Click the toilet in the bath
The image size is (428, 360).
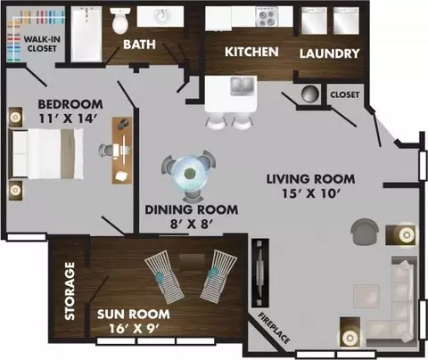pos(120,20)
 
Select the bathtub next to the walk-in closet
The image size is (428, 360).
pos(86,34)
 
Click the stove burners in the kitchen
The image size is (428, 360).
pos(267,17)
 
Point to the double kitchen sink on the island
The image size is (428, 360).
pos(243,86)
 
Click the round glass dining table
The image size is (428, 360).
pos(188,175)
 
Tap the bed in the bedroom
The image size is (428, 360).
pos(46,153)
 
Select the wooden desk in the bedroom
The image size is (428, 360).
pos(122,151)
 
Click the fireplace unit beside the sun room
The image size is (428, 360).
pos(260,273)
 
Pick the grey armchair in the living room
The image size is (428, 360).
pos(365,232)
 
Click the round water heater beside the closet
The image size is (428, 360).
pos(310,94)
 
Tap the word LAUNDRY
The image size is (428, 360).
pos(329,53)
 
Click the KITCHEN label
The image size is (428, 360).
pos(251,52)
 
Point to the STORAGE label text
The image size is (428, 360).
pos(70,290)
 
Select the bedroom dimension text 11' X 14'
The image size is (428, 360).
pos(68,119)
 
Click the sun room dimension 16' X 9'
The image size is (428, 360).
pos(135,329)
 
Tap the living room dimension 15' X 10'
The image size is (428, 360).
pos(310,193)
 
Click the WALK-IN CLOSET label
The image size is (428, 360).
pos(42,44)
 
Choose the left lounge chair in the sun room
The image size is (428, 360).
pos(164,277)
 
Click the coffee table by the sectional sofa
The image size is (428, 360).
pos(366,297)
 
